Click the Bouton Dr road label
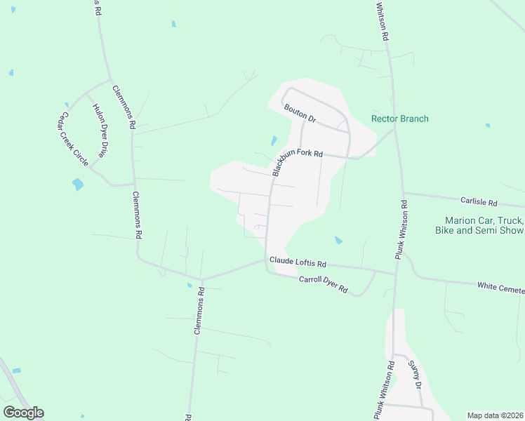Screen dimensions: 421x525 [x=300, y=114]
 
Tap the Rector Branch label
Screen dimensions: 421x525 [x=399, y=119]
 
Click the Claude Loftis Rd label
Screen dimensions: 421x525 [x=298, y=263]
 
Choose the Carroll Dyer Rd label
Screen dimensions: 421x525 [x=324, y=284]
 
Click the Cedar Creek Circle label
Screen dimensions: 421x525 [x=74, y=138]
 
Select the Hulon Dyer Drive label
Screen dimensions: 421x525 [x=102, y=131]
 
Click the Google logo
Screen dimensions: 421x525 [x=23, y=413]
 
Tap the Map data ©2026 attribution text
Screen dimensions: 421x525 [x=495, y=415]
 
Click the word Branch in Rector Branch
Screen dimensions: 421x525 [x=414, y=119]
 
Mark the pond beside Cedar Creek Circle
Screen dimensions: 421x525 [x=77, y=185]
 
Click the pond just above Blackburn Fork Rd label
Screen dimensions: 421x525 [x=274, y=141]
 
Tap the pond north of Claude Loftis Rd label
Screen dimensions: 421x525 [x=338, y=240]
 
